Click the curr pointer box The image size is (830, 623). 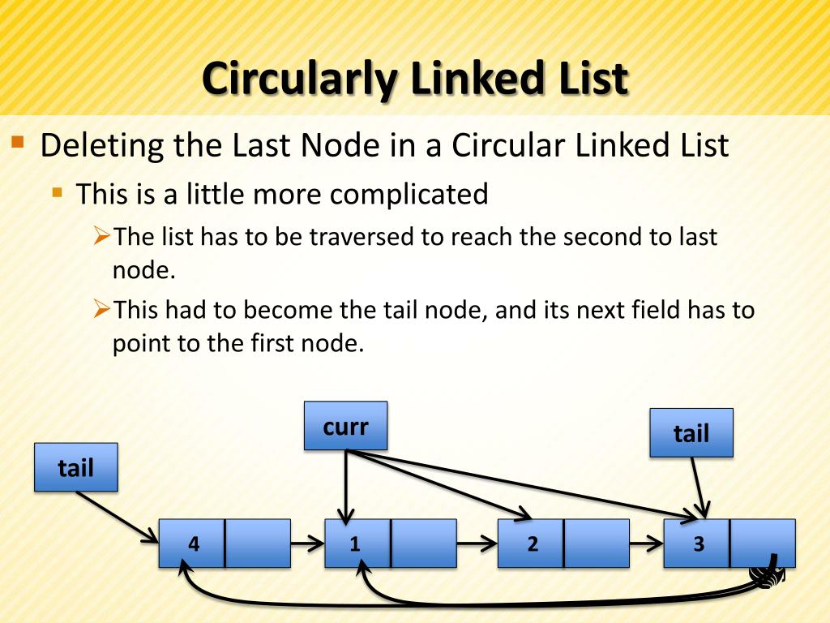point(345,426)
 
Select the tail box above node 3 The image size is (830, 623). point(691,433)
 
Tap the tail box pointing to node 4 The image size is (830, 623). point(75,467)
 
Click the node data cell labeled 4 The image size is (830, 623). point(192,544)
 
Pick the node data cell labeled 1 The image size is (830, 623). point(357,544)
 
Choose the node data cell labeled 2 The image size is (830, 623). point(531,544)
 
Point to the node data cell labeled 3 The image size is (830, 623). point(697,544)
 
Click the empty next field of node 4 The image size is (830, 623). point(258,544)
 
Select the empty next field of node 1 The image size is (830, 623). point(423,544)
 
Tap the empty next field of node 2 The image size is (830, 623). point(597,544)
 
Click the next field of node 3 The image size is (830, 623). point(762,544)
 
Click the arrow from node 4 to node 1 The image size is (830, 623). point(308,544)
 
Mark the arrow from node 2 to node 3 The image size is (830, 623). point(646,544)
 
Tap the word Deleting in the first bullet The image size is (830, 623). point(102,147)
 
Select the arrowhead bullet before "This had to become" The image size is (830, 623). point(101,309)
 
